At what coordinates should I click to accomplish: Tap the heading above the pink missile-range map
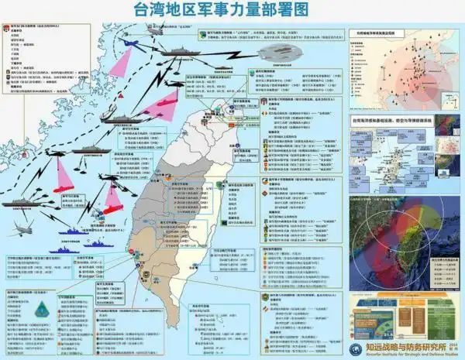click(387, 33)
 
